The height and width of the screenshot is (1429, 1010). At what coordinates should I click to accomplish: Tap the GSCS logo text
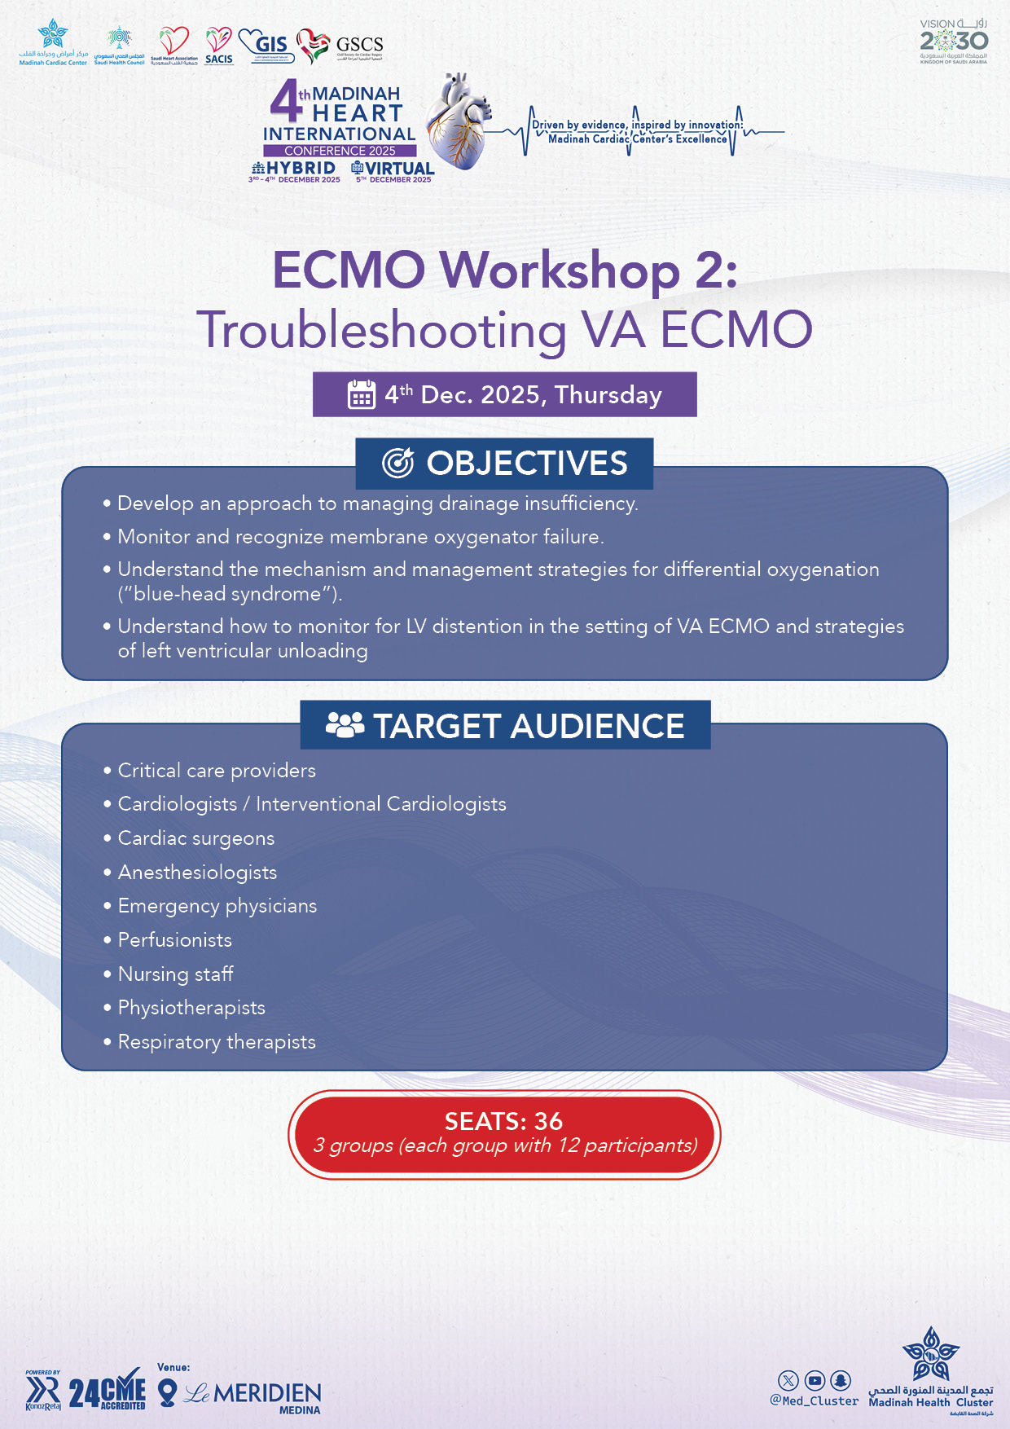[359, 45]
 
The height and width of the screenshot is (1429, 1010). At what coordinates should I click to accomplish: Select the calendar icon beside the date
[361, 394]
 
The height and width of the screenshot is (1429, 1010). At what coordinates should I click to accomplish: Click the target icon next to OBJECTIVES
[398, 463]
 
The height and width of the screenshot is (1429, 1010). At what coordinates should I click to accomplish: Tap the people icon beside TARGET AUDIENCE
[345, 725]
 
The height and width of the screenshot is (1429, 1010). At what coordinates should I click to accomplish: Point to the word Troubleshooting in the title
[382, 330]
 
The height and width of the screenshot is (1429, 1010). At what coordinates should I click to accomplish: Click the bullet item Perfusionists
[174, 940]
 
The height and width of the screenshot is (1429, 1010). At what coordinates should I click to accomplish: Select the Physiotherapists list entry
[191, 1008]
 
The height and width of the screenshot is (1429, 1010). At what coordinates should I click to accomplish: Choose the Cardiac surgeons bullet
[195, 838]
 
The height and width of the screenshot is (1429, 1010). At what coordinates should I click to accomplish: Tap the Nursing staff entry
[175, 974]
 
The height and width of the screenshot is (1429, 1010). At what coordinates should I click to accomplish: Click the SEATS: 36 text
[503, 1121]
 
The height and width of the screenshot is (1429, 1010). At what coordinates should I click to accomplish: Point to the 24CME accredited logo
[108, 1393]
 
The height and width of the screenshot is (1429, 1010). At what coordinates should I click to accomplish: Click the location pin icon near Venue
[167, 1392]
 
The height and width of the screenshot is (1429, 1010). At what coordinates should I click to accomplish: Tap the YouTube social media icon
[815, 1380]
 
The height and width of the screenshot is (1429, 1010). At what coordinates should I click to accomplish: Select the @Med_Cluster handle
[814, 1401]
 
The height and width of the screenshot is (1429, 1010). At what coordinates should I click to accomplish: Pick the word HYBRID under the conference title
[301, 168]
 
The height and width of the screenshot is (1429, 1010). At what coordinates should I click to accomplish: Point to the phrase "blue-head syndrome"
[229, 594]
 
